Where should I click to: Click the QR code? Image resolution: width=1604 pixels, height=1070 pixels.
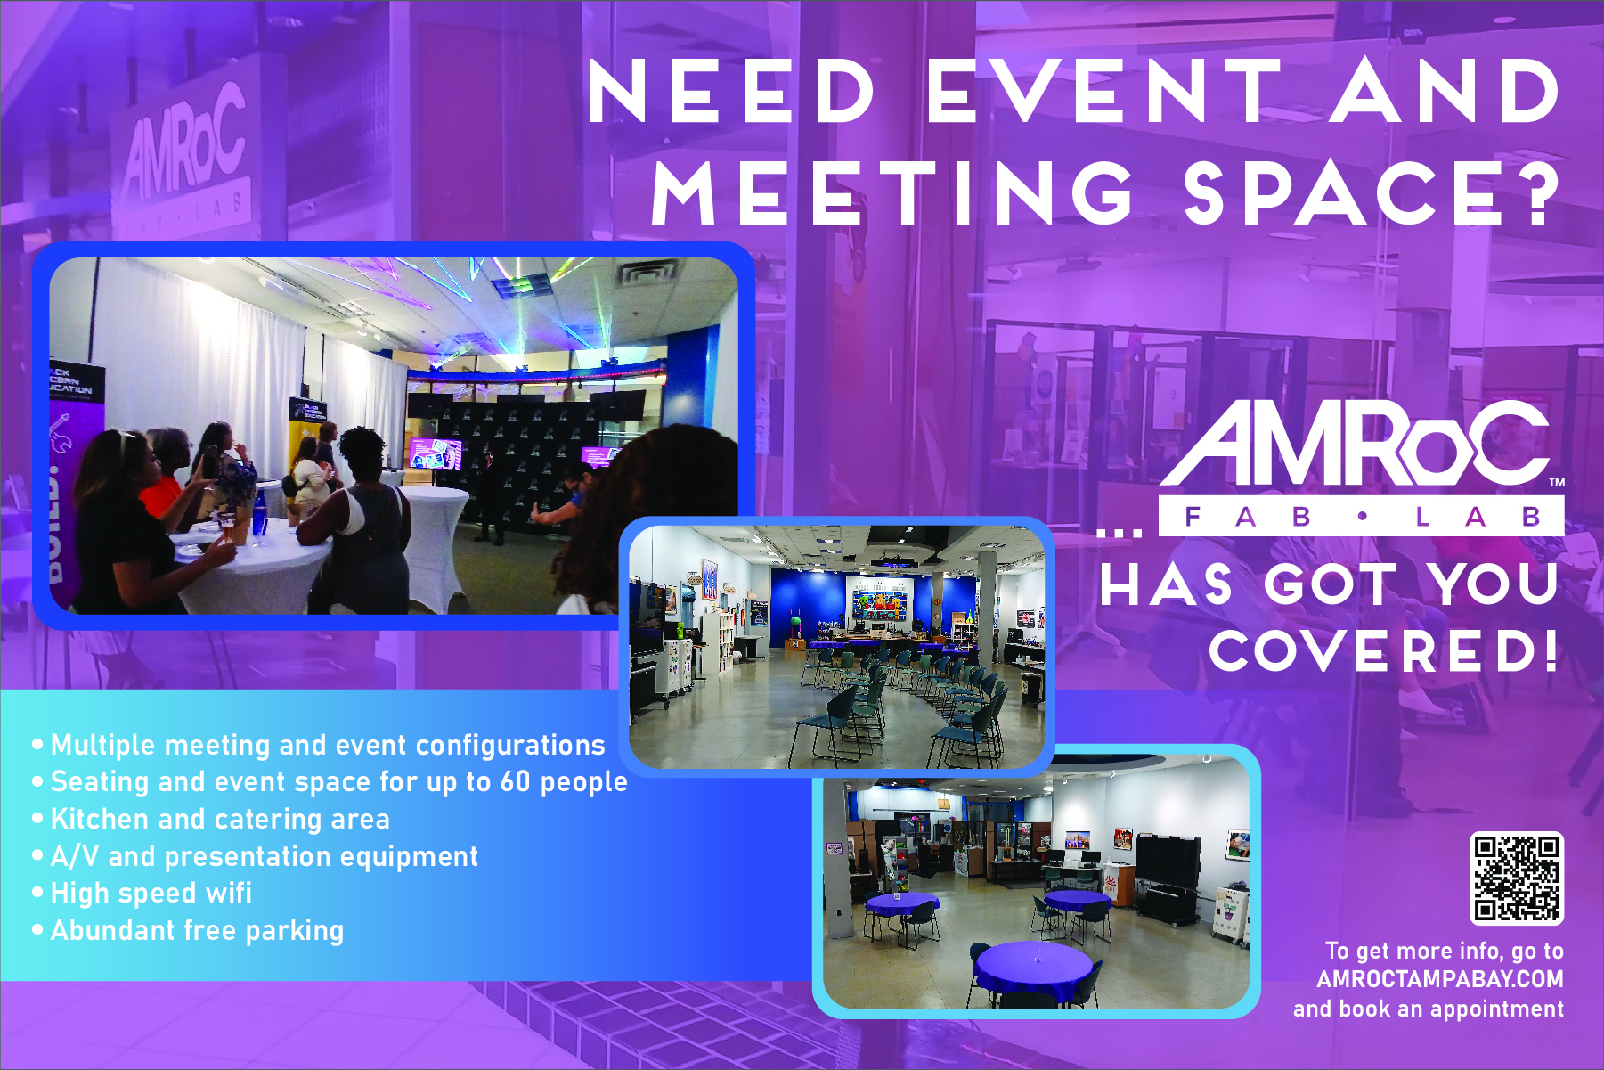pos(1516,878)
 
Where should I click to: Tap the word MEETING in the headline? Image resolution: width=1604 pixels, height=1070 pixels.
pos(893,193)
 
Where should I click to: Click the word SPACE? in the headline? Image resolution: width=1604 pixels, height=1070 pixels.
pos(1372,193)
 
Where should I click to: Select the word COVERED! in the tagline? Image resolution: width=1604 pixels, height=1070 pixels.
pos(1383,650)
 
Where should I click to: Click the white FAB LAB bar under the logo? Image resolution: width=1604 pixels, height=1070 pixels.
pos(1361,516)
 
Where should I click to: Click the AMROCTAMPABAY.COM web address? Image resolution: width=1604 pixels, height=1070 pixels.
pos(1440,979)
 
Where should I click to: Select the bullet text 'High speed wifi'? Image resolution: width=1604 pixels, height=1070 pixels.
pos(151,893)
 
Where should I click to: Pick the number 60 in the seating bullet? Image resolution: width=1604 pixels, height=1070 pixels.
pos(515,781)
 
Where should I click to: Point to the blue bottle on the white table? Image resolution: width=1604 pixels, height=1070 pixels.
pos(259,515)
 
